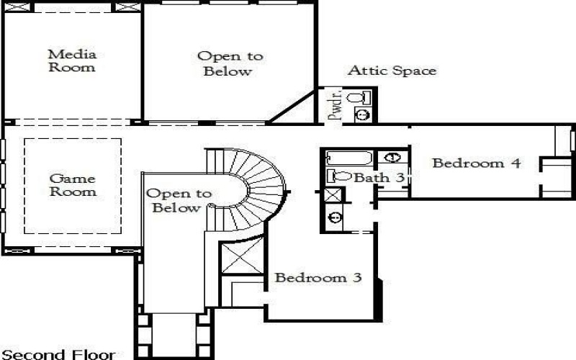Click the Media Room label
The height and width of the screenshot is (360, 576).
pyautogui.click(x=71, y=60)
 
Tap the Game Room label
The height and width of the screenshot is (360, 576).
pyautogui.click(x=72, y=185)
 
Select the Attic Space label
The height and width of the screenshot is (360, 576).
pyautogui.click(x=392, y=71)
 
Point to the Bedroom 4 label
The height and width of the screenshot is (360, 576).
pyautogui.click(x=476, y=163)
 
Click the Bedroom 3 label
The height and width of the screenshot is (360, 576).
pyautogui.click(x=318, y=277)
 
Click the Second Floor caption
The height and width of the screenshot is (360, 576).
pyautogui.click(x=58, y=354)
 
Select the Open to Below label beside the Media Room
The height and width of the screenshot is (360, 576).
pyautogui.click(x=230, y=63)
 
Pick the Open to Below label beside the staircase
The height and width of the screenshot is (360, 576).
pyautogui.click(x=178, y=201)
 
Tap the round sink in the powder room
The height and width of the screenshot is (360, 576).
pyautogui.click(x=364, y=114)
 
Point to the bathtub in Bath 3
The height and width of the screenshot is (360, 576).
pyautogui.click(x=348, y=158)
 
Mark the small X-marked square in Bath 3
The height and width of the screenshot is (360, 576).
pyautogui.click(x=333, y=195)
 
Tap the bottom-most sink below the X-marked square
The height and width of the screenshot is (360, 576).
pyautogui.click(x=333, y=217)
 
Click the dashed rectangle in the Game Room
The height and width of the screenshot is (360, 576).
pyautogui.click(x=72, y=185)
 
